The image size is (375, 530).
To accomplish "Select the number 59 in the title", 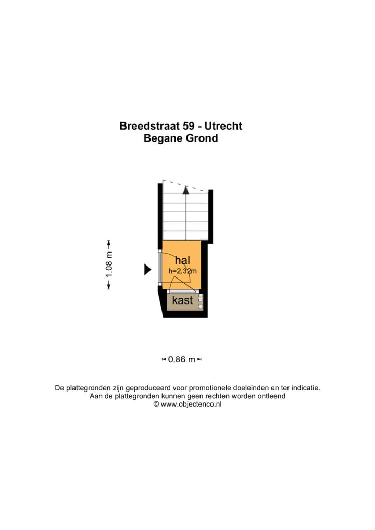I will point(190,126).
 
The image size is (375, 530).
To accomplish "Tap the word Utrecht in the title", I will point(223,126).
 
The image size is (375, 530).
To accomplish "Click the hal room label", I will point(182,260).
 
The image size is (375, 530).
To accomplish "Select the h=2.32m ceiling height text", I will point(182,271).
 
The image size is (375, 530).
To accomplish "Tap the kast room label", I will point(182,300).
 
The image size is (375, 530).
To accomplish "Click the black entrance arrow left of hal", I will point(147,269).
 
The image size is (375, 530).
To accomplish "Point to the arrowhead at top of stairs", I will point(186,190).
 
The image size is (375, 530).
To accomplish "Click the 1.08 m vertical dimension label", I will point(109,264).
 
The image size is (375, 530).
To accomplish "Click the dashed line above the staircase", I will point(185,186).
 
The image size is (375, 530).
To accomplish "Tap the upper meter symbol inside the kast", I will point(201,299).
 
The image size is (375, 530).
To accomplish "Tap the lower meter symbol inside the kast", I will point(201,306).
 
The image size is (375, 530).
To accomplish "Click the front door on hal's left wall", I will point(160,268).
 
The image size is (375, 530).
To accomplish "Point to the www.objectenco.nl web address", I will point(191,404).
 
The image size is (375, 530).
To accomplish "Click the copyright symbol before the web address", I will point(156,404).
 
